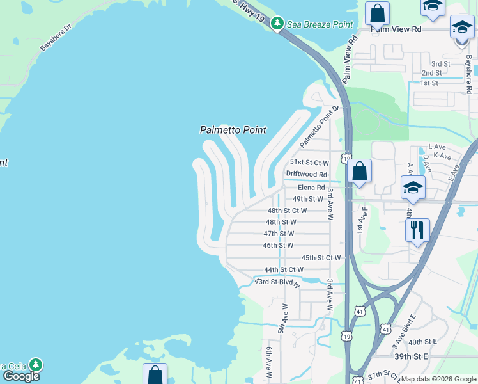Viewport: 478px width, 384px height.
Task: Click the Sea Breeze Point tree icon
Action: coord(277,24)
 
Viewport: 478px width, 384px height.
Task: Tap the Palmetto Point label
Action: coord(233,130)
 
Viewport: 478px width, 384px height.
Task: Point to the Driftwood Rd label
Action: coord(307,174)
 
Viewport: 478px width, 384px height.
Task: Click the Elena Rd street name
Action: coord(311,188)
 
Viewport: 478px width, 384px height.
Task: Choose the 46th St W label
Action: coord(278,245)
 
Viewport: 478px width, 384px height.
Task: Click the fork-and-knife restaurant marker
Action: coord(417,230)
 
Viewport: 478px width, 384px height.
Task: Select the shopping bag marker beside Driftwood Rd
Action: coord(360,171)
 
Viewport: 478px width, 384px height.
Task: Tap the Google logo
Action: coord(21,376)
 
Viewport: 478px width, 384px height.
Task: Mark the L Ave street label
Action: coord(436,147)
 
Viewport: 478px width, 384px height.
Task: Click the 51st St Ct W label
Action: coord(309,163)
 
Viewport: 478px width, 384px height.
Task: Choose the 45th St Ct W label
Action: coord(321,258)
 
